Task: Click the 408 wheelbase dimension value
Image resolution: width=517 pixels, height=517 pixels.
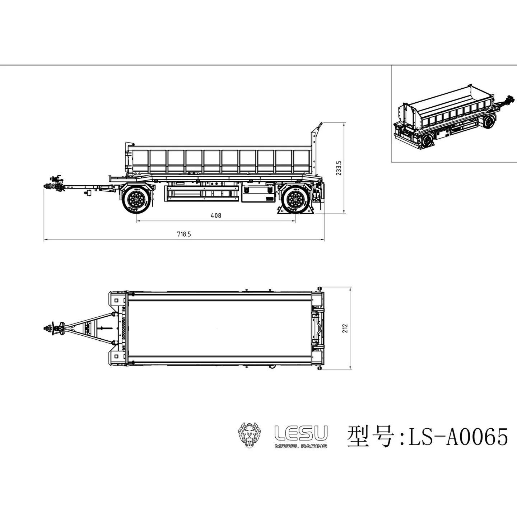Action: [216, 215]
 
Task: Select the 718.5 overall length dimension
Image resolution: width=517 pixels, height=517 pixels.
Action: [184, 234]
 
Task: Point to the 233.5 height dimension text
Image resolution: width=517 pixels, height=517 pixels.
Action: [339, 168]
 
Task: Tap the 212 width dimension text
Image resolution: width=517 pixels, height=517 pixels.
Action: [345, 328]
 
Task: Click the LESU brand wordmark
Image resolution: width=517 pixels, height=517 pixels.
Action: [301, 433]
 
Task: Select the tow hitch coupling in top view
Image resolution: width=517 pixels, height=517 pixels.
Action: [54, 328]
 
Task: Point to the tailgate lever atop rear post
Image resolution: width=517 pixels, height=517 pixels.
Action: [319, 127]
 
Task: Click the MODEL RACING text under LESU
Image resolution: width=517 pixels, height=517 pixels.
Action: [301, 446]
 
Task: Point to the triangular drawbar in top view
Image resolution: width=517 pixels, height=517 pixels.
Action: [90, 328]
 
